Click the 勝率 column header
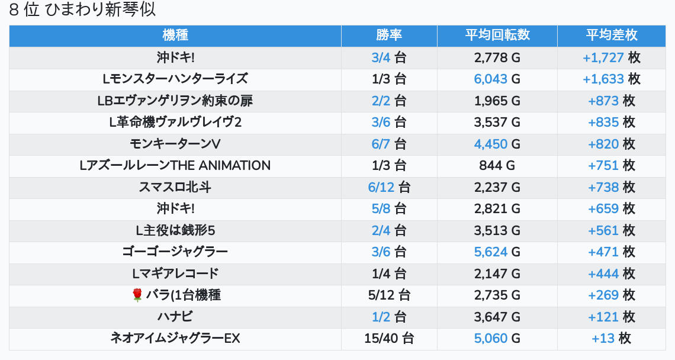point(389,36)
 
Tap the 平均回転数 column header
point(497,36)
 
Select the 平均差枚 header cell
point(612,36)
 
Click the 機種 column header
point(175,36)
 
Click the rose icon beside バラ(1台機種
point(137,295)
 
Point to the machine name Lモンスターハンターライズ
point(175,79)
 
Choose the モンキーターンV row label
point(175,144)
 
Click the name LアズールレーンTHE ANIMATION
point(175,166)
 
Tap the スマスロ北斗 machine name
point(175,187)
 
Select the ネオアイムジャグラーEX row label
point(175,339)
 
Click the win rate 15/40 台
point(389,339)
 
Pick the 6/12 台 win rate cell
point(389,187)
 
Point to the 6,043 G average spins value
point(497,79)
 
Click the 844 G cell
point(497,166)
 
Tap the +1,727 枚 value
point(612,57)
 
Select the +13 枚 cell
point(612,339)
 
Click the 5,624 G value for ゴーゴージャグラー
point(497,252)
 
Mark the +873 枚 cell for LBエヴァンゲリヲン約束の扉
point(612,101)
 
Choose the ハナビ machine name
point(175,317)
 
